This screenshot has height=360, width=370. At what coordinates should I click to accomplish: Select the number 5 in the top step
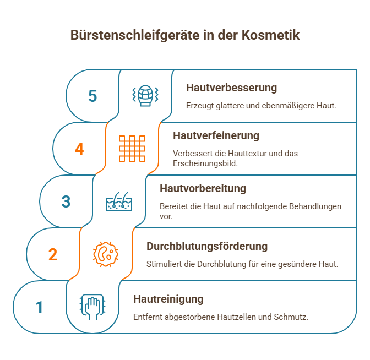[x=92, y=96]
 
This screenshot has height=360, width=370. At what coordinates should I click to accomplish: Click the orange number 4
[x=79, y=149]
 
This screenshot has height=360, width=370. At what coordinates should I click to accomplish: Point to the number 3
[x=66, y=201]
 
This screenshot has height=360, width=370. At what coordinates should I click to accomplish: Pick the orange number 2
[x=53, y=254]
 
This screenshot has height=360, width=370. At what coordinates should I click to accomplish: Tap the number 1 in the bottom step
[x=39, y=307]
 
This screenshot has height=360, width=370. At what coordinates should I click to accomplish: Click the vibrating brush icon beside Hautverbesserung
[x=145, y=95]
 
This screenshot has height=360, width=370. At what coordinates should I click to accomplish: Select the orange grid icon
[x=132, y=148]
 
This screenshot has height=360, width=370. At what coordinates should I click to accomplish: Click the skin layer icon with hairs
[x=119, y=201]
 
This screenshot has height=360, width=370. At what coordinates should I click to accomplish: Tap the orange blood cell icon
[x=106, y=254]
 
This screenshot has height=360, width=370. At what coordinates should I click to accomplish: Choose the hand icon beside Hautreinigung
[x=92, y=307]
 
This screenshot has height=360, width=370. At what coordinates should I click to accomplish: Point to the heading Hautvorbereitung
[x=203, y=188]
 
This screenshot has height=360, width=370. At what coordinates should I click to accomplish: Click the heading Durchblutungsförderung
[x=206, y=246]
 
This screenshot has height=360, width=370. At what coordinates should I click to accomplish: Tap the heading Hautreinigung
[x=168, y=299]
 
